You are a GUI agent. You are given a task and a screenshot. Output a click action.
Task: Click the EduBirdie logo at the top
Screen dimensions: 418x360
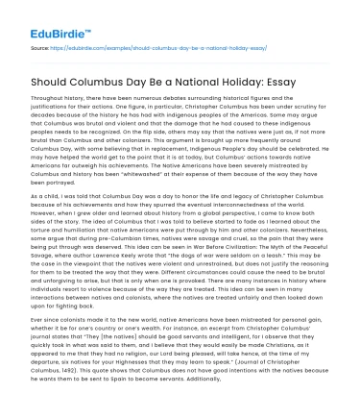[43, 18]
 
